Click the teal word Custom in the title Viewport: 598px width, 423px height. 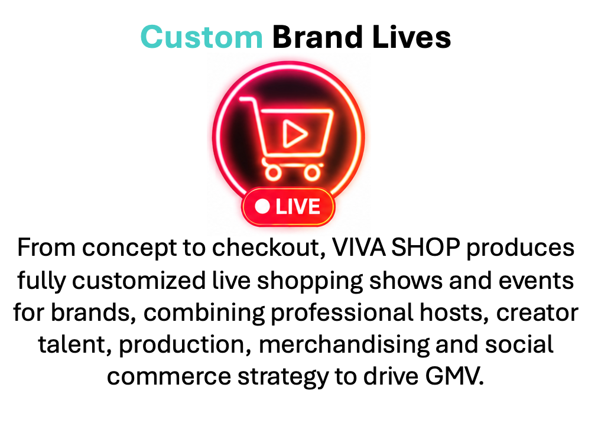coord(201,37)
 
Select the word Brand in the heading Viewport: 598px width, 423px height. coord(317,37)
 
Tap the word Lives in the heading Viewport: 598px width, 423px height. coord(411,37)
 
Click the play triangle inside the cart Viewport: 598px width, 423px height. coord(294,134)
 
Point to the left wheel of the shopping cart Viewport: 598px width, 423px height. coord(273,173)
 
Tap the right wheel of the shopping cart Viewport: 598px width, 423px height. coord(312,173)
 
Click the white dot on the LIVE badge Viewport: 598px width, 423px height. coord(262,207)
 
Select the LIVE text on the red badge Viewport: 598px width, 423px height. coord(298,207)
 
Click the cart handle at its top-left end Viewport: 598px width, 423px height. coord(242,99)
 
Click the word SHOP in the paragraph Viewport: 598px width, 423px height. coord(425,248)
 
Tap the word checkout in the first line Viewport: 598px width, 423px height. coord(268,248)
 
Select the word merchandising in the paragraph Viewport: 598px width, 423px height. coord(344,345)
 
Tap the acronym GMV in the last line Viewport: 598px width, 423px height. coord(454,377)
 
